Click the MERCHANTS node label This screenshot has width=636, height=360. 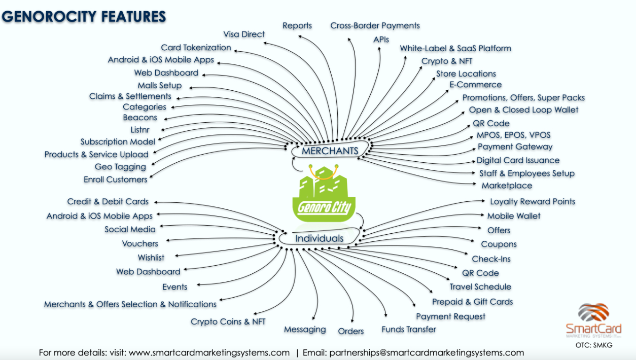[330, 151]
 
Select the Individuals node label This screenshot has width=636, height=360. [319, 238]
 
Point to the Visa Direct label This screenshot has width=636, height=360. [244, 34]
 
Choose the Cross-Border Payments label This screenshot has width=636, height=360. [375, 25]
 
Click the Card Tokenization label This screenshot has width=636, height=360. [196, 48]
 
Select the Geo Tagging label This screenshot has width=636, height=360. [120, 167]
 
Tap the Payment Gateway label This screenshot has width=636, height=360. [515, 147]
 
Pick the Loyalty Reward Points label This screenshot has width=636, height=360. [532, 201]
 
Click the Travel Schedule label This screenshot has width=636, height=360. [480, 286]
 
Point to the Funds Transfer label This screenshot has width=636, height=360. [408, 330]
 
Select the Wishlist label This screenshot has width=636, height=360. [151, 258]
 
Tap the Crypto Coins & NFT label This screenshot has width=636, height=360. [228, 321]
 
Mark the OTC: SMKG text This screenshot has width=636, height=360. [593, 345]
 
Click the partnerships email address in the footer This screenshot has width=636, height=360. [427, 352]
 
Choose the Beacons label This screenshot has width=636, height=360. [140, 118]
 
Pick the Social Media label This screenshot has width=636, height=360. [130, 229]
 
